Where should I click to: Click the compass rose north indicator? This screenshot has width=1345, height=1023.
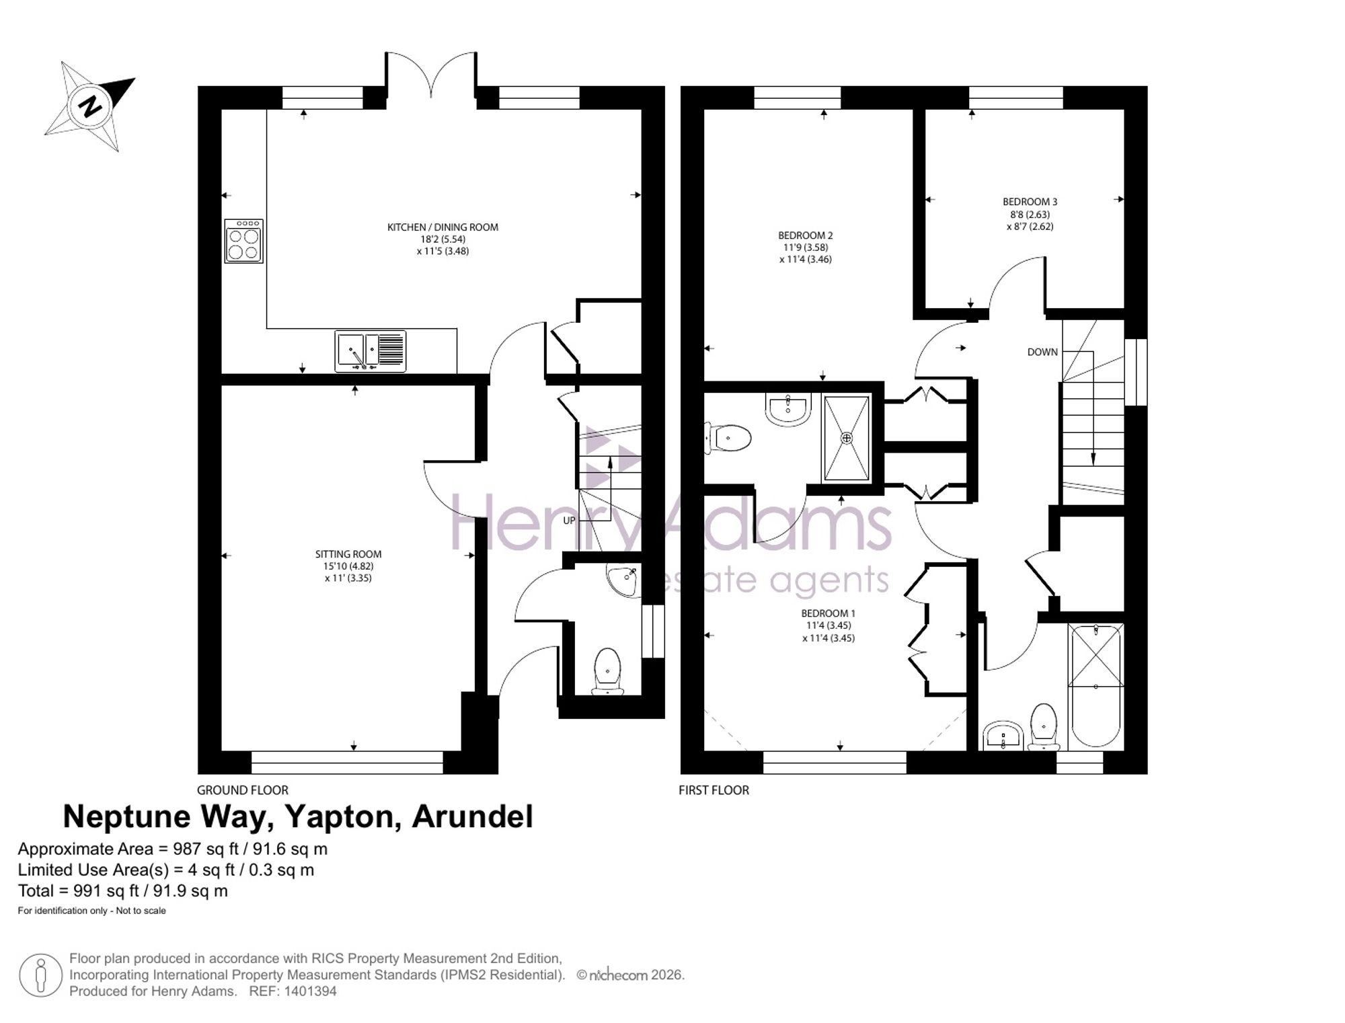click(89, 106)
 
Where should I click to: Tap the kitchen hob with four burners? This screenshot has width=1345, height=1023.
click(243, 241)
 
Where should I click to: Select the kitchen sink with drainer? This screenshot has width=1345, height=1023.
click(371, 351)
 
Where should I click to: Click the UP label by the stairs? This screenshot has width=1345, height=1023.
click(569, 520)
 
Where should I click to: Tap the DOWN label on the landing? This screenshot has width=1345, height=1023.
click(1042, 352)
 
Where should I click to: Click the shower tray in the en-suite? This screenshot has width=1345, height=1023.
click(847, 439)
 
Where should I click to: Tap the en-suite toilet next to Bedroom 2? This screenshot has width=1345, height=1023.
click(728, 439)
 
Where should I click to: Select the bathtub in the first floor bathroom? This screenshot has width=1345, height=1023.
click(1096, 685)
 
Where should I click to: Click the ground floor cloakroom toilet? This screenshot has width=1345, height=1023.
click(607, 671)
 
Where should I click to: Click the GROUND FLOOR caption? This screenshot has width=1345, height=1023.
click(242, 790)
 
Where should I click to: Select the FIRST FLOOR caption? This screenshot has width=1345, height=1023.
click(714, 790)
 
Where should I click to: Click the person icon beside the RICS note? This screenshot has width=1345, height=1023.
click(40, 975)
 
